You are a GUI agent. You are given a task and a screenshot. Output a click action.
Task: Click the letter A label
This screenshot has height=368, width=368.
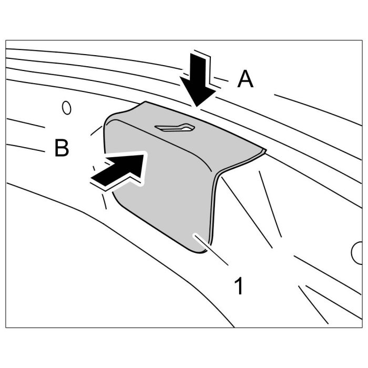[x=245, y=79]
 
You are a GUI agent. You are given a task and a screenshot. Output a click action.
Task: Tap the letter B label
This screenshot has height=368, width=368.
[x=62, y=148]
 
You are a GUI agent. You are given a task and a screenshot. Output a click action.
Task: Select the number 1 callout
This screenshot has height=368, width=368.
[x=239, y=287]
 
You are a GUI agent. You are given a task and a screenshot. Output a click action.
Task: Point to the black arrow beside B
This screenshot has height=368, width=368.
[x=119, y=168]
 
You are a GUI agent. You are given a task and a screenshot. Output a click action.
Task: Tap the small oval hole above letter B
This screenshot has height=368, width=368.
[x=66, y=107]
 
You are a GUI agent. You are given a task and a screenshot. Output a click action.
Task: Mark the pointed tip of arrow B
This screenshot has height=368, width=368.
[x=145, y=154]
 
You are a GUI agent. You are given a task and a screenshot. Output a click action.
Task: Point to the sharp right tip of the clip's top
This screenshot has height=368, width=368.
[x=265, y=150]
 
